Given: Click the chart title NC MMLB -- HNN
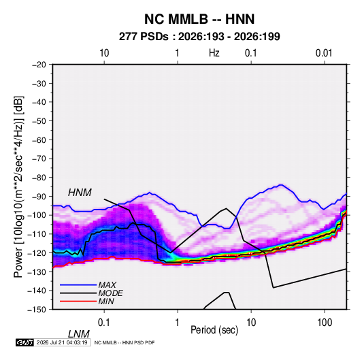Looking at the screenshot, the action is coord(199,19).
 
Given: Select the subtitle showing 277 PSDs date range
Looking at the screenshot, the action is coord(199,37).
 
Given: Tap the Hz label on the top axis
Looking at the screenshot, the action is coord(214,53).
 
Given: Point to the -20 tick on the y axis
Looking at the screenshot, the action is coord(39,65).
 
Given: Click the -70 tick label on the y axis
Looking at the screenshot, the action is coord(39,159).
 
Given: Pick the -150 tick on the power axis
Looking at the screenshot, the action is coord(37,310).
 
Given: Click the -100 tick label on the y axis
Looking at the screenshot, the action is coord(37,215).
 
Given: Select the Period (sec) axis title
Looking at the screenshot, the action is coord(214,330).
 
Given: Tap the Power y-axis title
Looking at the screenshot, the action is coord(18,186).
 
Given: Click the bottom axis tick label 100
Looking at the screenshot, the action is coord(325,323).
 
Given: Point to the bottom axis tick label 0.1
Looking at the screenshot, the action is coord(104,323).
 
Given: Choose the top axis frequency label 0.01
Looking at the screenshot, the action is coord(324,53).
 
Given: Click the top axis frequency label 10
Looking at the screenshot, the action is coord(104,53).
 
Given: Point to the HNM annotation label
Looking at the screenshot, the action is coord(80,193).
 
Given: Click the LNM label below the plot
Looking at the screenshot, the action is coord(78,334).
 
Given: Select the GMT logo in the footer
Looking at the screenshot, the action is coord(24,342).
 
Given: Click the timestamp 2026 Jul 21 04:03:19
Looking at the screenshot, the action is coord(62,342).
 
